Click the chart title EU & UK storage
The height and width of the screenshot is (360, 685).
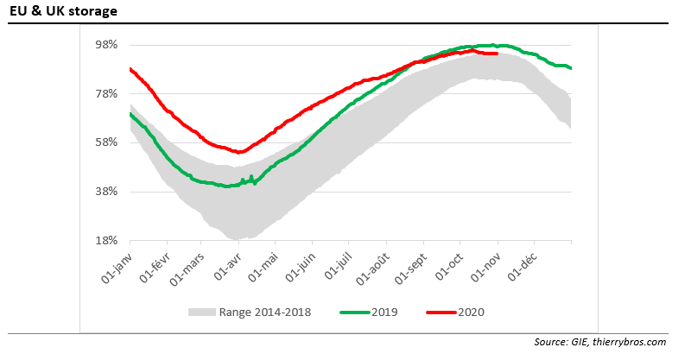point(64,12)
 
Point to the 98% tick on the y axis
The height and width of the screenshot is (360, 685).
point(105,44)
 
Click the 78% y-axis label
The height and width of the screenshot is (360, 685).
point(105,93)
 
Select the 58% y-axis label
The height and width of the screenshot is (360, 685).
point(105,142)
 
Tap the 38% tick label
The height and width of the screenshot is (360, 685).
point(105,192)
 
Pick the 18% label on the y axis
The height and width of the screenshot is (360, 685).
point(105,241)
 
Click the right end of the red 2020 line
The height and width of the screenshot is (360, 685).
point(497,54)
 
